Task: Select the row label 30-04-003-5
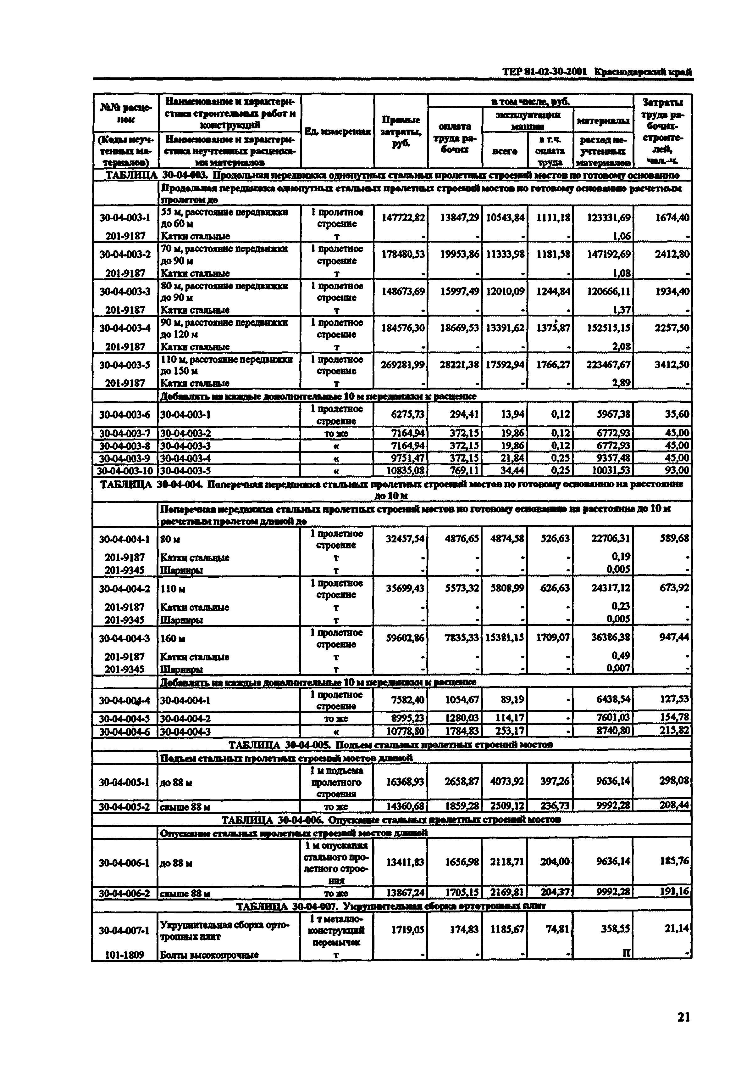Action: [124, 365]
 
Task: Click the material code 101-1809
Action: [124, 954]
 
